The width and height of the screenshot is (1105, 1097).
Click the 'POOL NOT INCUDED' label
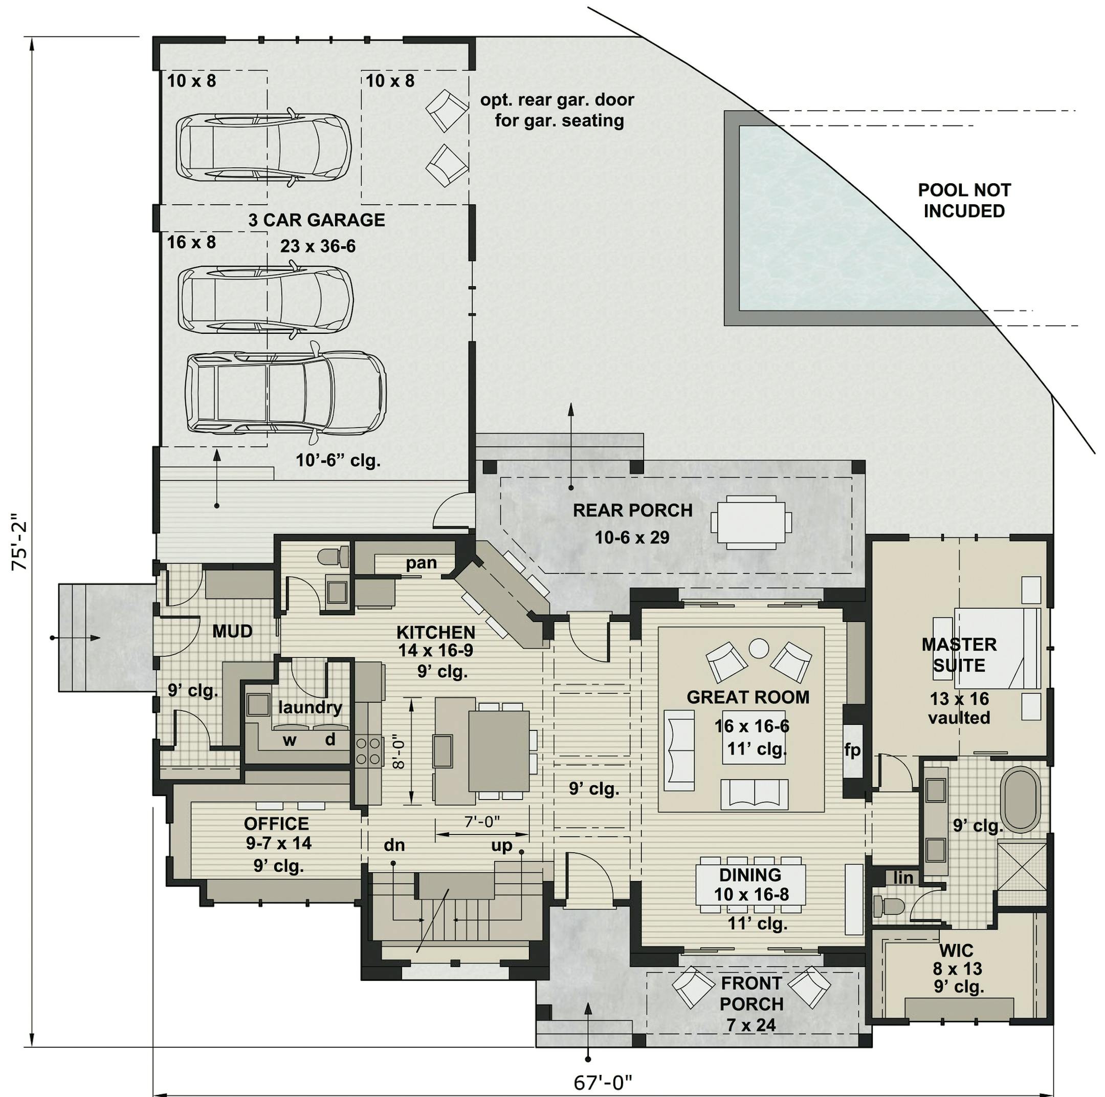(964, 200)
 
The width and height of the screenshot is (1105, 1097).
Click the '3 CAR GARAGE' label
(316, 220)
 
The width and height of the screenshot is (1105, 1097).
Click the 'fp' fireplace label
(852, 750)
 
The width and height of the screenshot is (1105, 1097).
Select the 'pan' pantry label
(422, 563)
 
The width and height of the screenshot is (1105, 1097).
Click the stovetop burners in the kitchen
(369, 751)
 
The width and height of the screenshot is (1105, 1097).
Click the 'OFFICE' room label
(276, 824)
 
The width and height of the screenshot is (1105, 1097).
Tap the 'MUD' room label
(232, 631)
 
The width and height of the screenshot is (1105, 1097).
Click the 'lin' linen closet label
(903, 878)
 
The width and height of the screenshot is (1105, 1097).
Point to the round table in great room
(759, 649)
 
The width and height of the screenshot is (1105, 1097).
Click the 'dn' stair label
(394, 845)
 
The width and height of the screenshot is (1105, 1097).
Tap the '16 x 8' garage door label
(191, 242)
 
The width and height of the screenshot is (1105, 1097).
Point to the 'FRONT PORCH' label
(751, 994)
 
